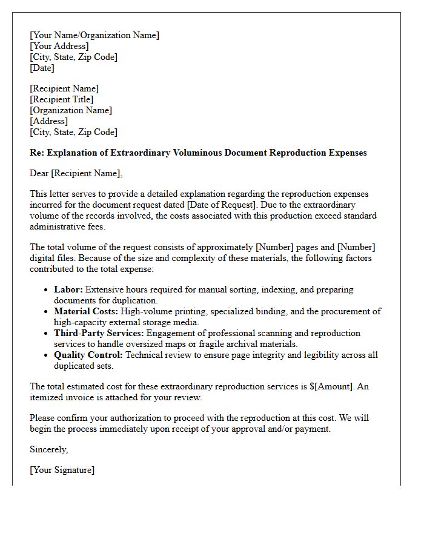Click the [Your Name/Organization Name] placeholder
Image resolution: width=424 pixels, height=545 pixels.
point(94,35)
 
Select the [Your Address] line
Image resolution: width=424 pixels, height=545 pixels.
point(59,46)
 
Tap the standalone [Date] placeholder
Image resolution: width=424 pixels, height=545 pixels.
point(42,68)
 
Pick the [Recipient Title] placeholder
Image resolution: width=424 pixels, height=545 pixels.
point(61,99)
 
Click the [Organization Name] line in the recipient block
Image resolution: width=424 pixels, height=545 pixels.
point(71,110)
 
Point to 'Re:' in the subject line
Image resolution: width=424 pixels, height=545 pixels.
point(38,153)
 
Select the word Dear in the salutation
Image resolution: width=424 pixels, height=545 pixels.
point(39,174)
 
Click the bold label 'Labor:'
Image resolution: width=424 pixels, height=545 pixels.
point(68,289)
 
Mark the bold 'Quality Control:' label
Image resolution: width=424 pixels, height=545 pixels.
point(88,355)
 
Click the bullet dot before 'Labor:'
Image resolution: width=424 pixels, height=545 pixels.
point(46,290)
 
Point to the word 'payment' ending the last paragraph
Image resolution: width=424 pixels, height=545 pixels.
point(311,429)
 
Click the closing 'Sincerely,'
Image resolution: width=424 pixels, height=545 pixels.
point(49,449)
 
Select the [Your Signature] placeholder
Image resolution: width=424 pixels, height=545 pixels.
point(62,470)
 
